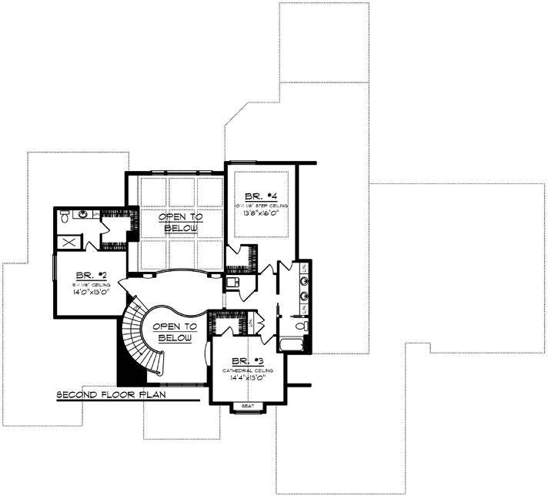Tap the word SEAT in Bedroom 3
tap(248, 405)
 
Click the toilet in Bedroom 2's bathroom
tap(64, 216)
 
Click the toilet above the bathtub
tap(302, 327)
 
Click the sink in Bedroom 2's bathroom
tap(85, 213)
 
